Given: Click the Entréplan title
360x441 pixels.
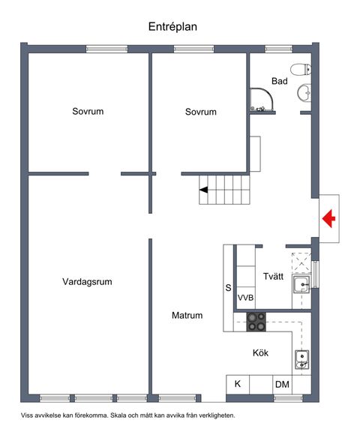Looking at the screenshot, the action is pos(172,27).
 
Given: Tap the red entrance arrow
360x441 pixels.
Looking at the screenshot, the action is pos(328,218).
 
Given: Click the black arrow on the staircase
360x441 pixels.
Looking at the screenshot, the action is pos(204,190).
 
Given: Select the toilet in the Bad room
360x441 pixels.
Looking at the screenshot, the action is pos(301,69).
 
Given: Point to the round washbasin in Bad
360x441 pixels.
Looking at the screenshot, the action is pos(304,92).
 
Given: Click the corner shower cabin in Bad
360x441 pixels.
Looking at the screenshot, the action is pos(262,100).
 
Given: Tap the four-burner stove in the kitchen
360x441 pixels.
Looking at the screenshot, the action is pos(256,322).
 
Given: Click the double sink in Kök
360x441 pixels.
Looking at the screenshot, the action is pos(301,360).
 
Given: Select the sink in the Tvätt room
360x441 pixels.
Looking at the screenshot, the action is pos(301,285).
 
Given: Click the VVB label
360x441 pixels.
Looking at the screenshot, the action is pos(245,298).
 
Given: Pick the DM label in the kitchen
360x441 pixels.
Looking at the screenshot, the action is pos(282,384).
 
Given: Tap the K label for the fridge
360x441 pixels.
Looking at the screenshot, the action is pos(238,384).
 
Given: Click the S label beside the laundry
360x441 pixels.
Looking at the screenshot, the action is pos(228,288).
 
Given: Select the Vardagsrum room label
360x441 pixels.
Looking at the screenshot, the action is pos(87,282).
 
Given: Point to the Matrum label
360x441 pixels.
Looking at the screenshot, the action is pos(187,315).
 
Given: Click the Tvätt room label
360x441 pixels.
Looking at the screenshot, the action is pos(273,276).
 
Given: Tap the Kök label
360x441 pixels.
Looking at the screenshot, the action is pos(260,352).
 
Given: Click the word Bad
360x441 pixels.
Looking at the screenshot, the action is pos(279,81).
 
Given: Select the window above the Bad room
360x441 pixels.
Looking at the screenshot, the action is pos(279,49).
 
